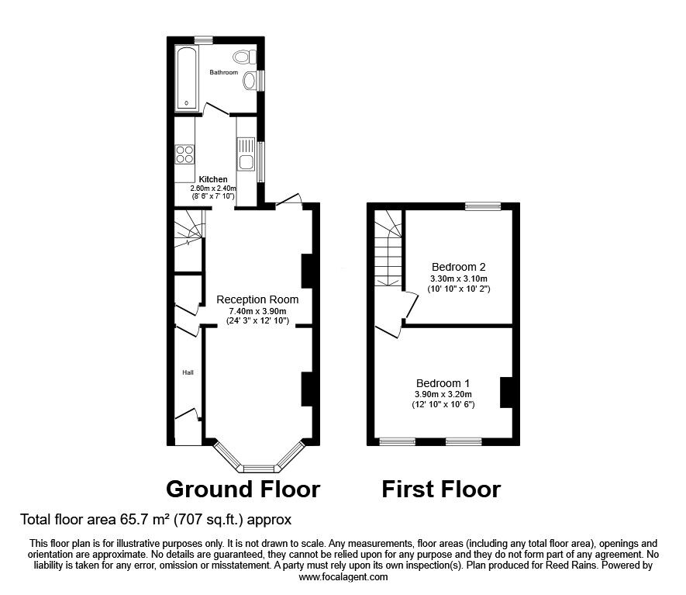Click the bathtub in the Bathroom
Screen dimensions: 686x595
(187, 78)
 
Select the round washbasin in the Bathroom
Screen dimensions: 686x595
(250, 81)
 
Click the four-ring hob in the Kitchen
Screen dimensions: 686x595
(185, 154)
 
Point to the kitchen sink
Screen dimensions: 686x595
(246, 154)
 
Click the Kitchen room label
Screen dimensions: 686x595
(213, 179)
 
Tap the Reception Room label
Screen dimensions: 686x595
(257, 300)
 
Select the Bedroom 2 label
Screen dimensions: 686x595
(459, 267)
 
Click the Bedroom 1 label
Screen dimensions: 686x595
(443, 383)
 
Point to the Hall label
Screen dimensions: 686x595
(188, 372)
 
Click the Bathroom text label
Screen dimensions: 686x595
(223, 72)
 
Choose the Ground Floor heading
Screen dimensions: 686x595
(243, 489)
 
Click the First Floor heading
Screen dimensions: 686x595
(441, 489)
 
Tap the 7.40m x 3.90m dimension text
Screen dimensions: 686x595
(257, 311)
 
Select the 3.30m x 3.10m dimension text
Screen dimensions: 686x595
(459, 278)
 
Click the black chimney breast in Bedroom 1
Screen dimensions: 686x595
(506, 393)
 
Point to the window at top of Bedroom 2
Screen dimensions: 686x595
(483, 206)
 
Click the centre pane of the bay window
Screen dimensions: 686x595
(259, 469)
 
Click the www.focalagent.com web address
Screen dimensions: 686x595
(343, 577)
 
